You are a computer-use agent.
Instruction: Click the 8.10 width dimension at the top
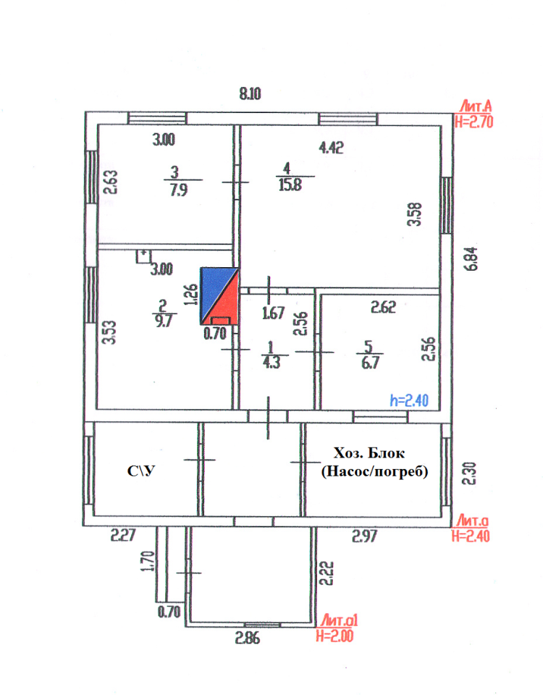coord(250,93)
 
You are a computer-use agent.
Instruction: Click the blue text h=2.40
coord(411,399)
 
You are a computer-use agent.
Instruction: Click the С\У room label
coord(143,472)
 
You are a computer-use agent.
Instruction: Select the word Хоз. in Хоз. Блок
coord(349,454)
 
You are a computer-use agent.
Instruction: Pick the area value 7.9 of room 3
coord(174,189)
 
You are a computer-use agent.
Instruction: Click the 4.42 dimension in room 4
coord(331,148)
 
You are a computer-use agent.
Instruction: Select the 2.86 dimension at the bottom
coord(247,639)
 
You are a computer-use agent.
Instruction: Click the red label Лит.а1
coord(339,621)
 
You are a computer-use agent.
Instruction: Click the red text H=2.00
coord(337,636)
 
